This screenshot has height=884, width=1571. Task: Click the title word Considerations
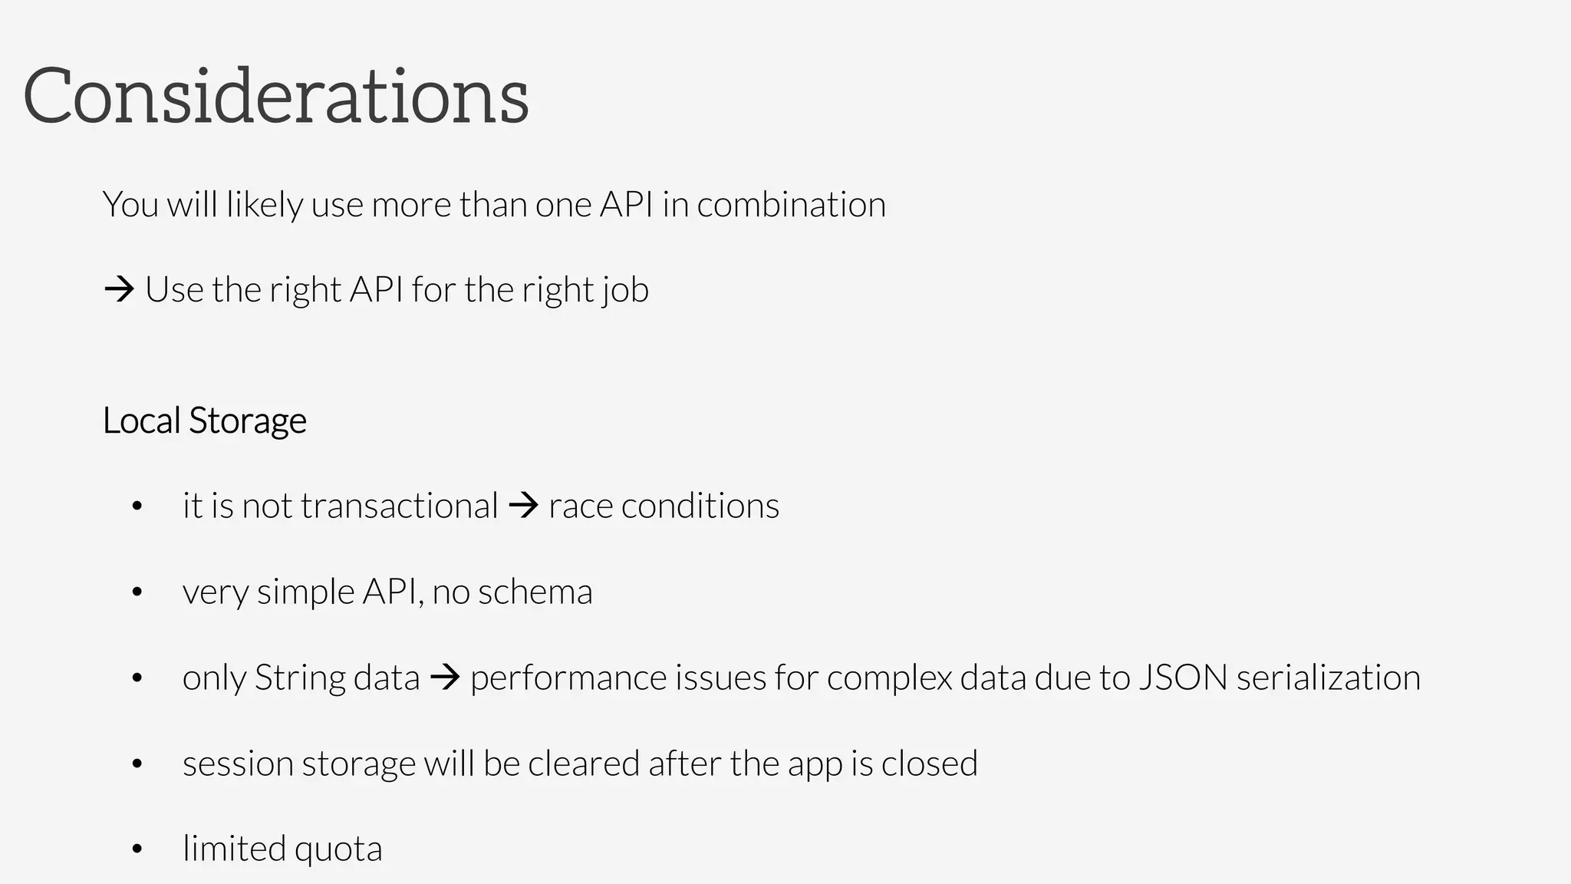(276, 96)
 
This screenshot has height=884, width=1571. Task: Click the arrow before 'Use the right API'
(119, 290)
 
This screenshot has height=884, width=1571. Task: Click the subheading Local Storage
(205, 421)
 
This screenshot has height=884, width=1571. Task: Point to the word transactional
(399, 506)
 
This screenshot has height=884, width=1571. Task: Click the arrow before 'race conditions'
(523, 506)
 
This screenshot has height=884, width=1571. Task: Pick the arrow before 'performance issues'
(445, 678)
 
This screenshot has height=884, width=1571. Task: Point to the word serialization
(1329, 678)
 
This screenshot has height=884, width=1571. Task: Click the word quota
(338, 849)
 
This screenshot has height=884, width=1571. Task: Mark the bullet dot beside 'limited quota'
(137, 849)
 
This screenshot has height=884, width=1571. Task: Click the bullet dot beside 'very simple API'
(137, 592)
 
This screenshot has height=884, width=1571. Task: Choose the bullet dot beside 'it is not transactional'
(137, 506)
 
